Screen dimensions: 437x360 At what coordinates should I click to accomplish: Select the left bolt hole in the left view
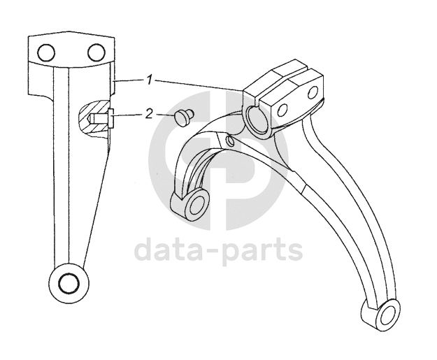pos(46,52)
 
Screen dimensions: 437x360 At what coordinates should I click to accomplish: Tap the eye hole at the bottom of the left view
pos(69,283)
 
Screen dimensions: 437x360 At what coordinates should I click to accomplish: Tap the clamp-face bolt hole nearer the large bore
pos(284,110)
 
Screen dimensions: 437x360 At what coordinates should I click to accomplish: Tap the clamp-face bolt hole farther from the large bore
pos(311,91)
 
